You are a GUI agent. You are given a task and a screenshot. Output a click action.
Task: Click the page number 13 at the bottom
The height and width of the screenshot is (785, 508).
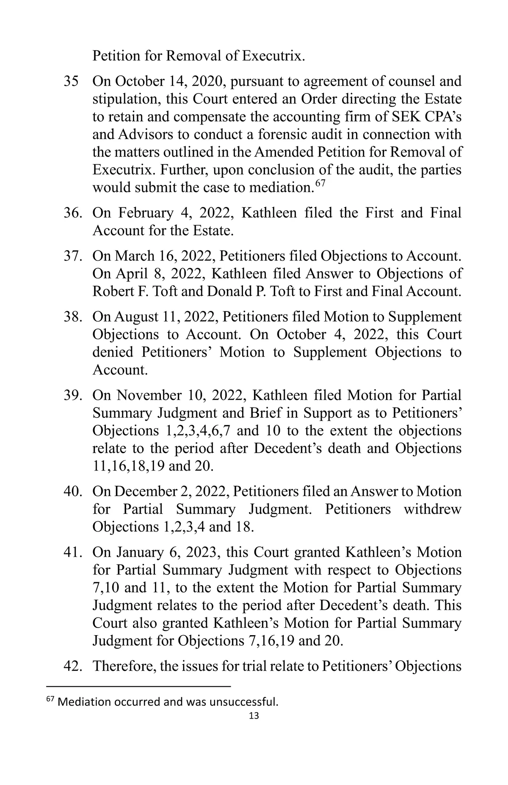[x=254, y=715]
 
